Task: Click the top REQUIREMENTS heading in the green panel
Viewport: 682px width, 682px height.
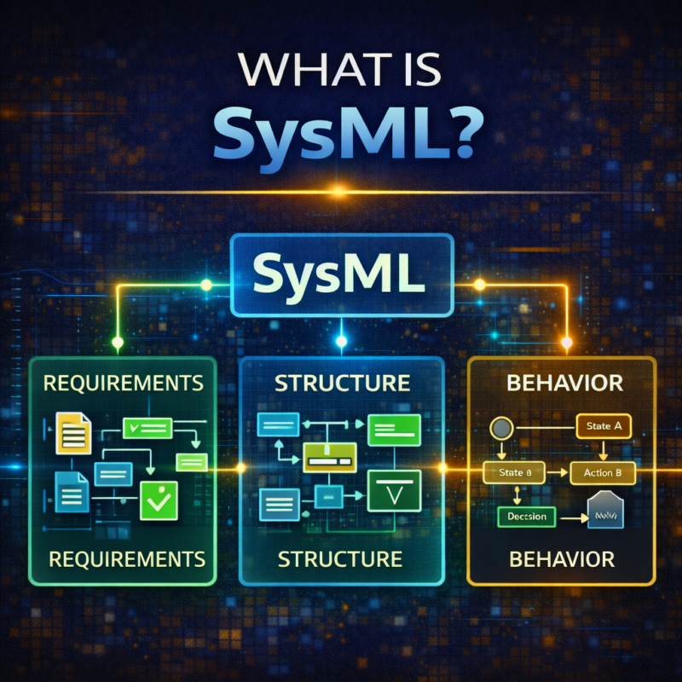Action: [x=123, y=383]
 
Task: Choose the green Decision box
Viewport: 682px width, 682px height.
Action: [x=526, y=516]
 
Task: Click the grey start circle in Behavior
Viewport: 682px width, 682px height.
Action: [x=500, y=427]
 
